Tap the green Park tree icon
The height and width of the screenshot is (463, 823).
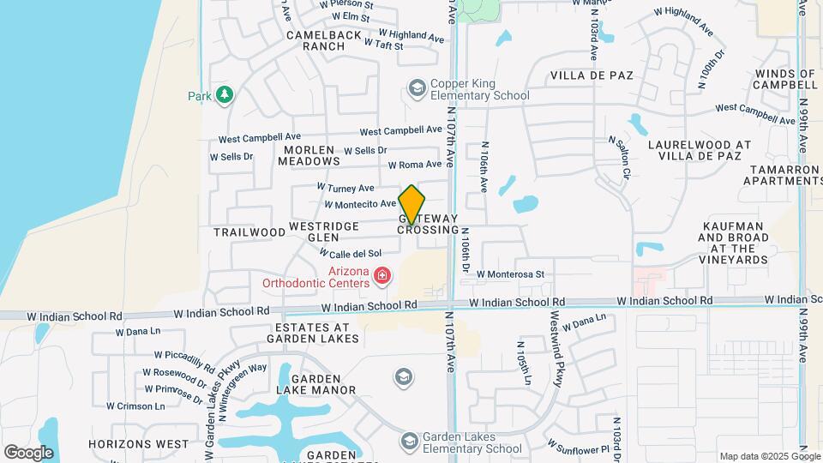point(225,94)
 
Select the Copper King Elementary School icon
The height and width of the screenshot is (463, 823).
point(417,88)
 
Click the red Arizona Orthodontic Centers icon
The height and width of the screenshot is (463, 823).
point(381,276)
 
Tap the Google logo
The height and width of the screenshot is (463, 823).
point(29,452)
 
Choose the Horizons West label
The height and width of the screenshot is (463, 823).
point(138,444)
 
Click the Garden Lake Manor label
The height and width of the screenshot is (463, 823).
point(323,384)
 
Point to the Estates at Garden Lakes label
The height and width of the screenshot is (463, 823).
point(312,333)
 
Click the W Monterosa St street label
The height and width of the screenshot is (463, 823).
point(511,274)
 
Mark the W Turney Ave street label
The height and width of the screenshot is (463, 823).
point(345,187)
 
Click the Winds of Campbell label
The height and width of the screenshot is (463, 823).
point(784,79)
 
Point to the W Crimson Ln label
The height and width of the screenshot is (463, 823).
point(136,406)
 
